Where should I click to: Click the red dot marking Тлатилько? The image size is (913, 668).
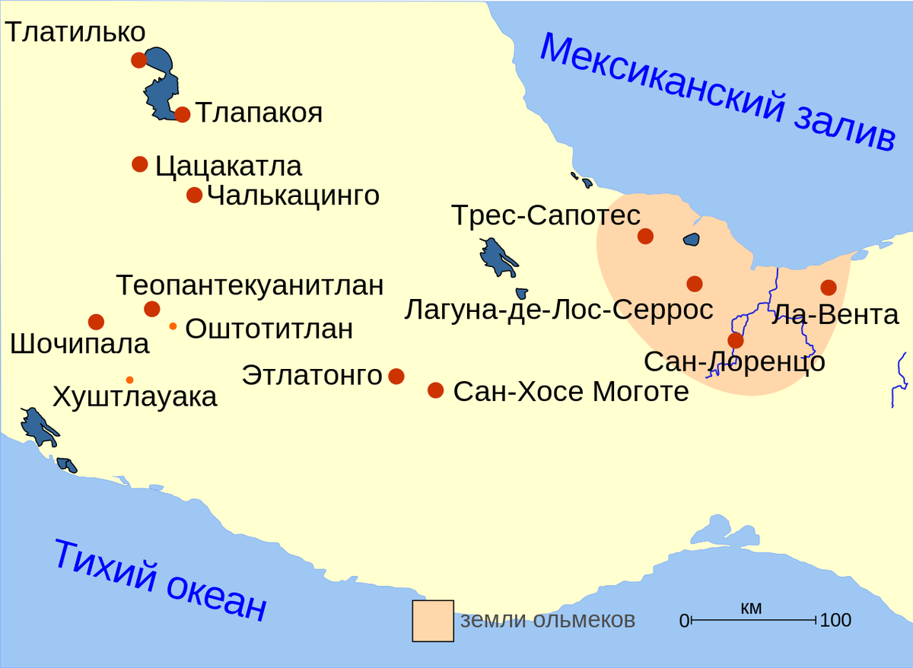click(138, 60)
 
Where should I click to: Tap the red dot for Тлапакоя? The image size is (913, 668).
click(183, 115)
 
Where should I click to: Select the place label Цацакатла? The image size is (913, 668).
click(228, 166)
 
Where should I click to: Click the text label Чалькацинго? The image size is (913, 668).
click(293, 196)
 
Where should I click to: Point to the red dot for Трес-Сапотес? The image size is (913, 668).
click(645, 236)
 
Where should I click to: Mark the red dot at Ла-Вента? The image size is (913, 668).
click(829, 288)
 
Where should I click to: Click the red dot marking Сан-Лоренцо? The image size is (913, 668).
click(735, 340)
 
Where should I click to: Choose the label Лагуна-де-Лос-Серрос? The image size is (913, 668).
click(558, 310)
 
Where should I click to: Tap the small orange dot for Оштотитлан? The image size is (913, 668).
click(173, 326)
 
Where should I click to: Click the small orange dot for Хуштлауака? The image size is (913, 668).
click(130, 380)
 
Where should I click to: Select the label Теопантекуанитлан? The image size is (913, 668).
click(250, 285)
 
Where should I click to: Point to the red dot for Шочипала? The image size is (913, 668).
click(96, 322)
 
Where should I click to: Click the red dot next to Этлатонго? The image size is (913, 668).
click(396, 376)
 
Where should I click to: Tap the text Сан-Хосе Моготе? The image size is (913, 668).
click(571, 392)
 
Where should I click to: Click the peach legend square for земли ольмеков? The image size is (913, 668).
click(433, 621)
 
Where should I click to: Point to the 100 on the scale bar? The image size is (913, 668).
click(835, 621)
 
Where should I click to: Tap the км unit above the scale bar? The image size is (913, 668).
click(750, 608)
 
